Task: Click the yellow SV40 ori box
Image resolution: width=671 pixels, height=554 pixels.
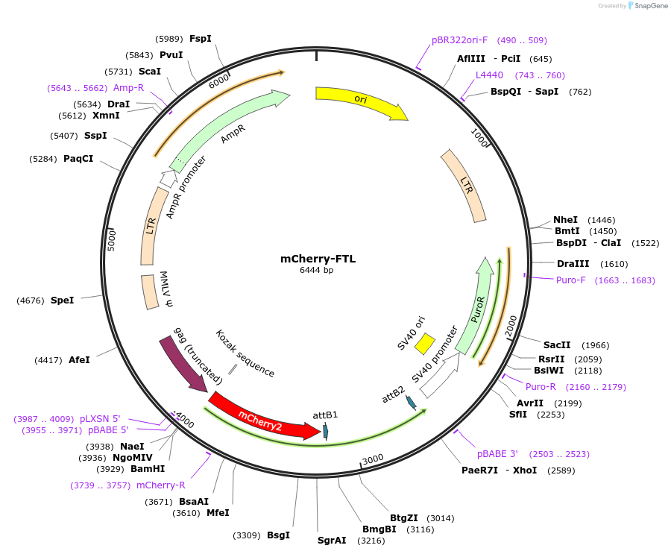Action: point(424,344)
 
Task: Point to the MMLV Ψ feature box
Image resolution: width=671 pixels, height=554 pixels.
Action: point(150,292)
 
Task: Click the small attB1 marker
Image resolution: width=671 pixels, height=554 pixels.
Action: point(326,431)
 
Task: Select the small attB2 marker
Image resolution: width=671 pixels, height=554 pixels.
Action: point(412,403)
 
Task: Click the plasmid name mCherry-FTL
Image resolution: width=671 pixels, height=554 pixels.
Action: point(318,259)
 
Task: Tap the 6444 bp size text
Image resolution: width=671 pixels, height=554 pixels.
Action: point(317,270)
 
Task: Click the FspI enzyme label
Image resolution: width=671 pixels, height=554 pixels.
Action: point(201,39)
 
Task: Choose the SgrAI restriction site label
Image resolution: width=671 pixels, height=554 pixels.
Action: point(332,541)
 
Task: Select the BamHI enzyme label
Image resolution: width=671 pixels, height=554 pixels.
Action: point(148,469)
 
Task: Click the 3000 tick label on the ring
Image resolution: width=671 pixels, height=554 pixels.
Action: point(373,459)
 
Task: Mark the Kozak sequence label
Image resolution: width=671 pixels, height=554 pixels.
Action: point(245,353)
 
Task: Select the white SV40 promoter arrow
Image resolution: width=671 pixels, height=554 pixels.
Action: point(439,376)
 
